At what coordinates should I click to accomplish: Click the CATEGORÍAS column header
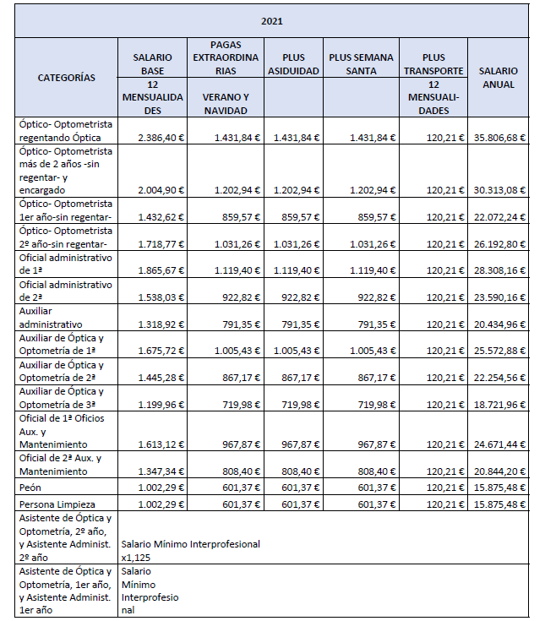pyautogui.click(x=67, y=78)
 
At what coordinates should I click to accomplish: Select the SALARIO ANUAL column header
pyautogui.click(x=498, y=78)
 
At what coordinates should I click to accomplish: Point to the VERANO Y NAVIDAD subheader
pyautogui.click(x=225, y=103)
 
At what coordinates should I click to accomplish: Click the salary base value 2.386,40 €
pyautogui.click(x=161, y=137)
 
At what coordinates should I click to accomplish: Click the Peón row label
pyautogui.click(x=30, y=488)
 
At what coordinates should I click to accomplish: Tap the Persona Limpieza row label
pyautogui.click(x=54, y=504)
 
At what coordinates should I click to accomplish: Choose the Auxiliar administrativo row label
pyautogui.click(x=52, y=318)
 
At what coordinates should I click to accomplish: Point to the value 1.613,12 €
pyautogui.click(x=161, y=444)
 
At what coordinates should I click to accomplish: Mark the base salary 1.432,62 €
pyautogui.click(x=161, y=217)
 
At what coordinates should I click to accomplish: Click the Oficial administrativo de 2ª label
pyautogui.click(x=65, y=291)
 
